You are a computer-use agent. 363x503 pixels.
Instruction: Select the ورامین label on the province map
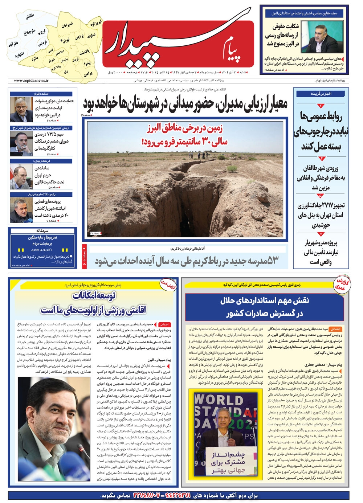[88, 74]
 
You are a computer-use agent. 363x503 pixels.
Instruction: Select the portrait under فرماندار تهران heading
[21, 177]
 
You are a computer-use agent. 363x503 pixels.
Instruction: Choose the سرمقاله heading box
[43, 230]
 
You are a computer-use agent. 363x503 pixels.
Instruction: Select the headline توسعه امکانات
[94, 296]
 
